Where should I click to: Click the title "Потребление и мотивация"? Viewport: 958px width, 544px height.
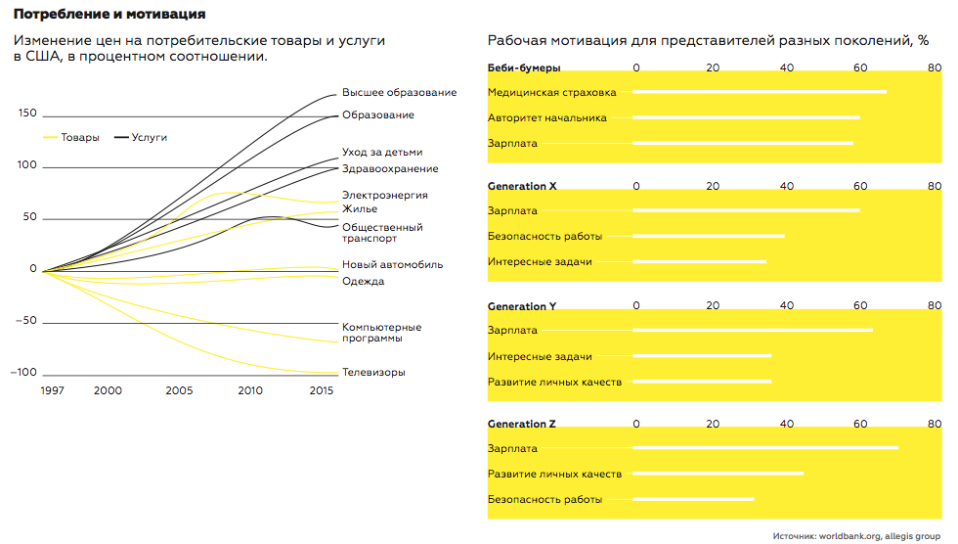109,16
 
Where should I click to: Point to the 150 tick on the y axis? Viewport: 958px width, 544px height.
26,113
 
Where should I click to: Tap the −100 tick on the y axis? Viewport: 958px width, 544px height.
23,373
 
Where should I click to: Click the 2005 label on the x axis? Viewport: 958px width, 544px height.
179,390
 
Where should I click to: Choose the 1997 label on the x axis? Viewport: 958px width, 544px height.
53,390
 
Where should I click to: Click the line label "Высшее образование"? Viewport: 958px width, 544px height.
399,93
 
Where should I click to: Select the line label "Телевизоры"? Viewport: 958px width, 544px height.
373,373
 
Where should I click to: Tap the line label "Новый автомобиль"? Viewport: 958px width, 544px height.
392,265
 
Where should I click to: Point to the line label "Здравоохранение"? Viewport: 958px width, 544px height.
390,169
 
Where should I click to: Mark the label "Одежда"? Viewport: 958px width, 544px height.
363,282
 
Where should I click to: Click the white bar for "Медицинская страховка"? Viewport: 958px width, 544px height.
760,93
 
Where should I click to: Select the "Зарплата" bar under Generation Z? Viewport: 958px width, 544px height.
765,449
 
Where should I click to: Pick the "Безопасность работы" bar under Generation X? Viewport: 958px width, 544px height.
709,236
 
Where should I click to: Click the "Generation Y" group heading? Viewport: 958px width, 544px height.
522,306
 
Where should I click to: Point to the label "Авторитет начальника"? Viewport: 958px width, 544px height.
547,118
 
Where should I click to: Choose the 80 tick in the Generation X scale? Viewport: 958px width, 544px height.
934,186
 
